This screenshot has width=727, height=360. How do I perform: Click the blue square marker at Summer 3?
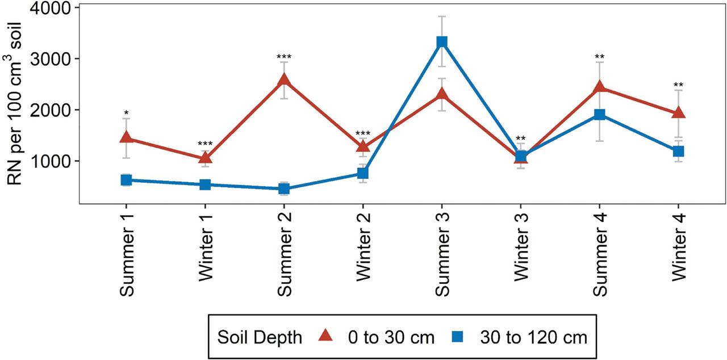pyautogui.click(x=442, y=43)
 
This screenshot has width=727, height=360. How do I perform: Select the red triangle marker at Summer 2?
pyautogui.click(x=284, y=81)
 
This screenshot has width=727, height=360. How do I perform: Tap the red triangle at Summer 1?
pyautogui.click(x=126, y=138)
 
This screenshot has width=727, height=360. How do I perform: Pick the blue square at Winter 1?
pyautogui.click(x=205, y=185)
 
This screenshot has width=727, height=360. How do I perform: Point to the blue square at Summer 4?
pyautogui.click(x=600, y=115)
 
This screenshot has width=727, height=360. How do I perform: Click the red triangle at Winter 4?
pyautogui.click(x=679, y=113)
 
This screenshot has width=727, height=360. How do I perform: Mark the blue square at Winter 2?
pyautogui.click(x=363, y=173)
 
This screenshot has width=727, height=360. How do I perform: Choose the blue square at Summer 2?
pyautogui.click(x=284, y=189)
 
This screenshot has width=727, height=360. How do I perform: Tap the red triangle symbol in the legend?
pyautogui.click(x=325, y=337)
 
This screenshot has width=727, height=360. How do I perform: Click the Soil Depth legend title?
pyautogui.click(x=260, y=337)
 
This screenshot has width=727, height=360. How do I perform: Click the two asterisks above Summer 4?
pyautogui.click(x=600, y=57)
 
